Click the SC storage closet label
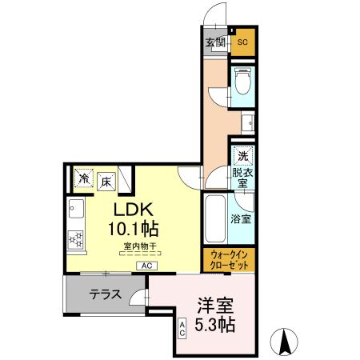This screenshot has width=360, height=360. pyautogui.click(x=242, y=42)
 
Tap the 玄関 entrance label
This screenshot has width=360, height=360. pyautogui.click(x=216, y=42)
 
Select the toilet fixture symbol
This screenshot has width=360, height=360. pyautogui.click(x=243, y=80)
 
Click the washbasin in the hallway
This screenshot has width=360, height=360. pyautogui.click(x=248, y=123)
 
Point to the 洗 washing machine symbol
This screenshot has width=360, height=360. pyautogui.click(x=243, y=156)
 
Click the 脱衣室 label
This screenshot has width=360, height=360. pyautogui.click(x=243, y=178)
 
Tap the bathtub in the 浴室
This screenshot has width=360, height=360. pyautogui.click(x=215, y=218)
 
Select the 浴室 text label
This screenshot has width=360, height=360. pyautogui.click(x=241, y=219)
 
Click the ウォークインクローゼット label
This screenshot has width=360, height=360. pyautogui.click(x=229, y=260)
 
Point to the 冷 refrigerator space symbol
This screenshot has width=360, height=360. pyautogui.click(x=84, y=178)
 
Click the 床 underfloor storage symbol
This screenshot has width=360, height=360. pyautogui.click(x=106, y=182)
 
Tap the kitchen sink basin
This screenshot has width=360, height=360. pyautogui.click(x=76, y=208)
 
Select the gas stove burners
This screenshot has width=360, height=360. pyautogui.click(x=76, y=240)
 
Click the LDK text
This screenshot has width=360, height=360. pyautogui.click(x=134, y=210)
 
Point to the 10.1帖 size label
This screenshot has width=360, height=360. pyautogui.click(x=134, y=229)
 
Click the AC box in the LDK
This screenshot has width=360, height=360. pyautogui.click(x=146, y=266)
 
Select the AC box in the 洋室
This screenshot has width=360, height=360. pyautogui.click(x=182, y=329)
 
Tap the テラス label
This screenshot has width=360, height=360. pyautogui.click(x=106, y=294)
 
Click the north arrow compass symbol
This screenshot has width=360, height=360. pyautogui.click(x=284, y=342)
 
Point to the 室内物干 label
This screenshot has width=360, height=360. pyautogui.click(x=140, y=246)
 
